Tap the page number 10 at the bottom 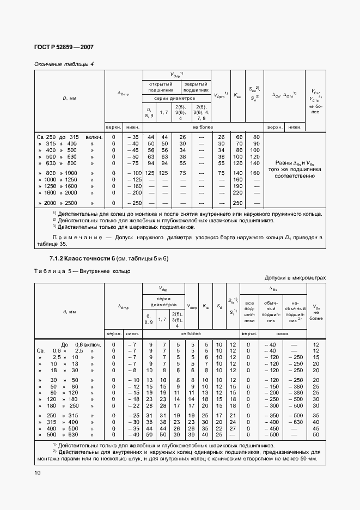[x=38, y=473]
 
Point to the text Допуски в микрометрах [x=295, y=277]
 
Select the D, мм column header [x=68, y=99]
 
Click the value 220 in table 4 [x=237, y=193]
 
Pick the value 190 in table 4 [x=237, y=186]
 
